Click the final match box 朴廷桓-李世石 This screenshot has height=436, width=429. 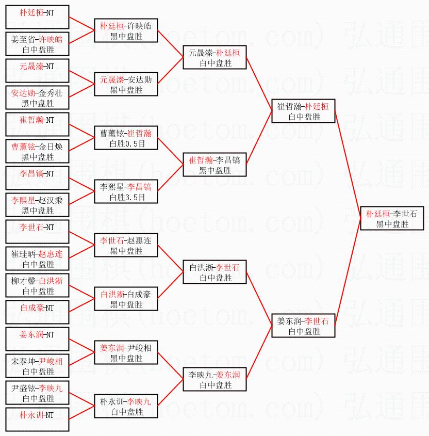tap(392, 218)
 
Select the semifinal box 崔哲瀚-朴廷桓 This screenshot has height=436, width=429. tap(303, 111)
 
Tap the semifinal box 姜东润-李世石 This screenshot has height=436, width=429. tap(303, 326)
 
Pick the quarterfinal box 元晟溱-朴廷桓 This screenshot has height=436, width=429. tap(215, 57)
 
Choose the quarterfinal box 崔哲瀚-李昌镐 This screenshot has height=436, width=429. tap(215, 165)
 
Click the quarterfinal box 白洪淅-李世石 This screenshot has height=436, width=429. tap(215, 272)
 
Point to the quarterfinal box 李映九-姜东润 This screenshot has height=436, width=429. tap(215, 379)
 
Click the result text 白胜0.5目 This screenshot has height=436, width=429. tap(127, 144)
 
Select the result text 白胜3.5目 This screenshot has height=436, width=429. tap(127, 198)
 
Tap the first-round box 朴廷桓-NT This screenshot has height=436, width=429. tap(38, 17)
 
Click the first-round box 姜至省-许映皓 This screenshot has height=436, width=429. tap(38, 44)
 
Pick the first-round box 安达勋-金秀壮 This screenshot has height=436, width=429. tap(38, 98)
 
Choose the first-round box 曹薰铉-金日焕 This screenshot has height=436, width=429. tap(38, 151)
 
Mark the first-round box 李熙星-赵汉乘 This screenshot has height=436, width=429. tap(38, 205)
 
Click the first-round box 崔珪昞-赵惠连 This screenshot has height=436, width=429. tap(38, 259)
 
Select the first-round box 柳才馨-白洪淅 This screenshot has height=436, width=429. tap(38, 285)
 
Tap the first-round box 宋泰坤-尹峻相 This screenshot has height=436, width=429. tap(38, 366)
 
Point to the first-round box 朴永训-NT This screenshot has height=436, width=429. tap(38, 419)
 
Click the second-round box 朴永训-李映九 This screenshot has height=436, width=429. tap(126, 406)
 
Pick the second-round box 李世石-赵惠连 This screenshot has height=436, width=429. tap(126, 245)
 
